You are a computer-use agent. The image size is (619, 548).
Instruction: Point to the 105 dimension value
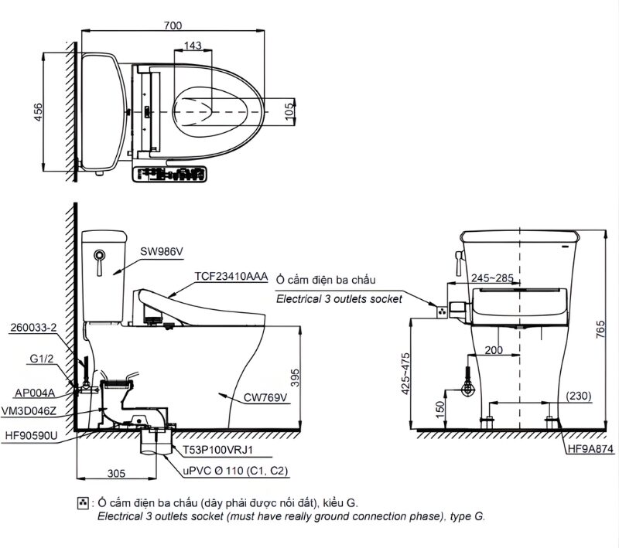[x=289, y=113]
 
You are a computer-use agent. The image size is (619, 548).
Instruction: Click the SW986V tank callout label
[x=162, y=250]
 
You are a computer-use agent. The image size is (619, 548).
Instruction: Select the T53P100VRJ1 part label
[x=218, y=448]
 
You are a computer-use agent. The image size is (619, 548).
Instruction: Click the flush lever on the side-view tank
[x=98, y=262]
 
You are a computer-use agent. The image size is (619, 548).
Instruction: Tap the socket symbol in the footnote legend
[x=84, y=502]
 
